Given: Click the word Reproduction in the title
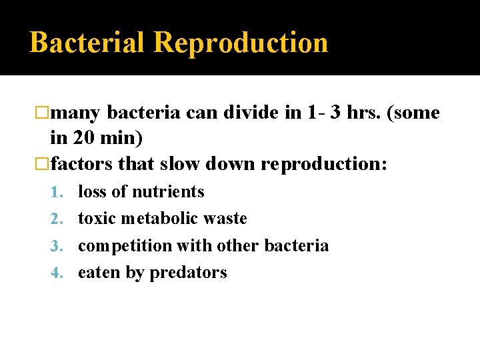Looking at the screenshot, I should pos(241,43).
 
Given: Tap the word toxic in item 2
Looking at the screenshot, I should pos(96,219).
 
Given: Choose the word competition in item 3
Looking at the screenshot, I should pos(125,246).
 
